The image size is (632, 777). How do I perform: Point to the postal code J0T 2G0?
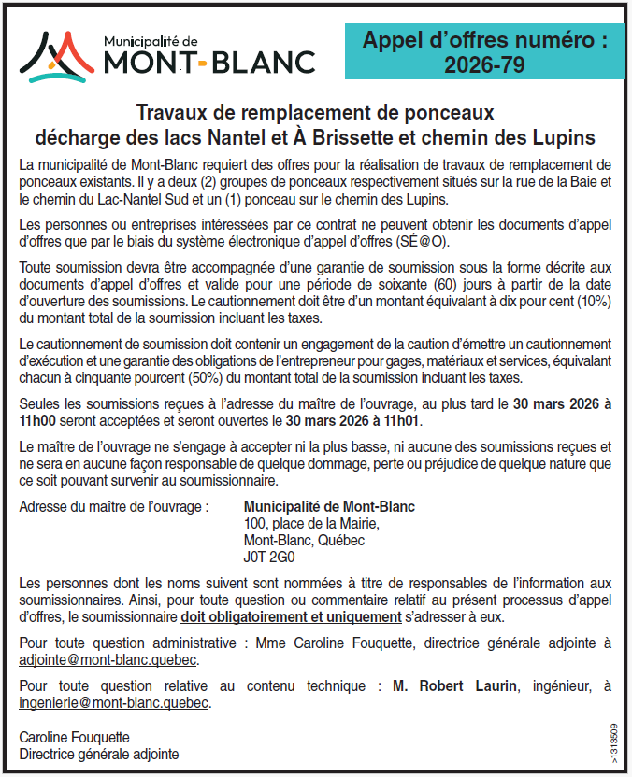point(269,558)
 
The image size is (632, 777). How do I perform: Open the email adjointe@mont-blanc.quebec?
point(108,659)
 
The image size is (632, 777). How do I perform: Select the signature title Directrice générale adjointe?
point(99,754)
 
